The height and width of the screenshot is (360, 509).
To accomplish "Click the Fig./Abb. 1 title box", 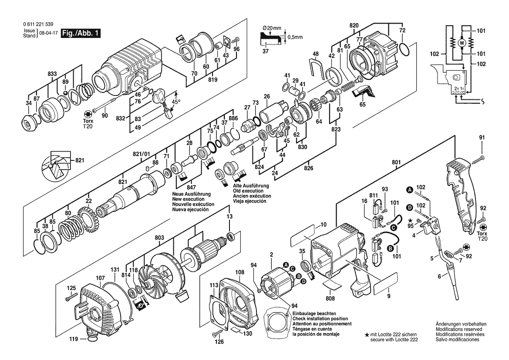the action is (81, 33).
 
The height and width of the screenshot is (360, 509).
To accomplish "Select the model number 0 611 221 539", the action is (38, 24).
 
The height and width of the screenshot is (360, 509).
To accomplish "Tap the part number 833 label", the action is (52, 74).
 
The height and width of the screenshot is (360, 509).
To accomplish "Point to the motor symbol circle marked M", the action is (461, 43).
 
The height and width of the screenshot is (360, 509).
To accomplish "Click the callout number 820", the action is (354, 26).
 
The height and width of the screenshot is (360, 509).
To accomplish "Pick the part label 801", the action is (396, 162).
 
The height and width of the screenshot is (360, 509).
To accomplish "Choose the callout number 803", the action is (159, 238).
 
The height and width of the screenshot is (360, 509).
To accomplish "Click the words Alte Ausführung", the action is (251, 186).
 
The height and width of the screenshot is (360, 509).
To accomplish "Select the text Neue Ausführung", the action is (192, 194).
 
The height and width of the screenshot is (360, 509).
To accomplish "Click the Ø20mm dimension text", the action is (272, 28).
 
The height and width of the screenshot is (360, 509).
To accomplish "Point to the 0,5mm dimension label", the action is (295, 37).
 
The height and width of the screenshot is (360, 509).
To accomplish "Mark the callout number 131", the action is (115, 270).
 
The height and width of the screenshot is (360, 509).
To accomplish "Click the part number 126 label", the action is (219, 342).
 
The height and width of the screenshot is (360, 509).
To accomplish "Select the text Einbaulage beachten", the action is (314, 313).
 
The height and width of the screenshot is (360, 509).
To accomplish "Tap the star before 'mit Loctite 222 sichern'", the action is (367, 335).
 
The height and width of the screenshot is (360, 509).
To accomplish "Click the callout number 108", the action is (239, 272).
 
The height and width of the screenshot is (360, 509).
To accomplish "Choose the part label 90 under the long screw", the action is (104, 115).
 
